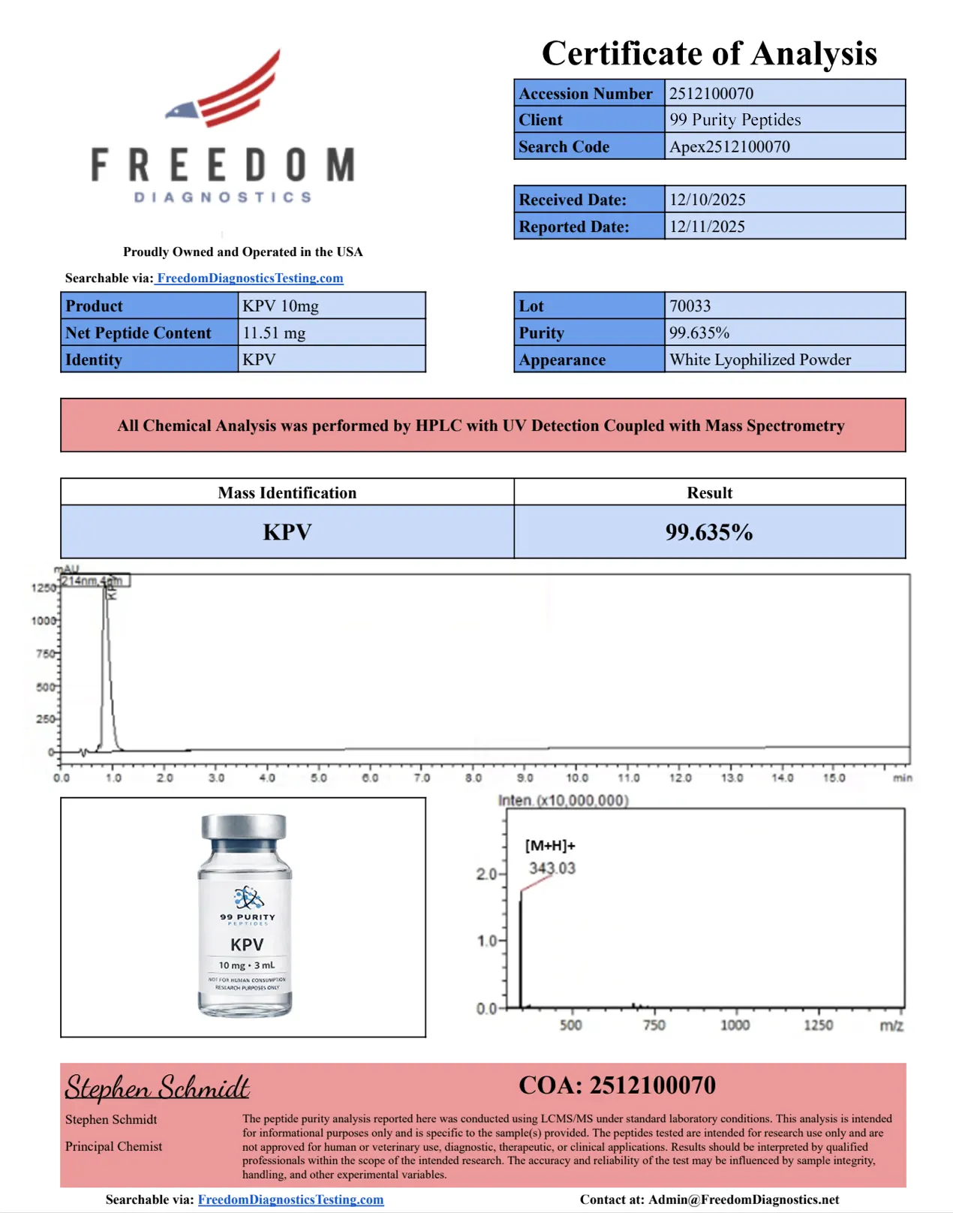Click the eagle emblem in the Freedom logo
click(x=182, y=111)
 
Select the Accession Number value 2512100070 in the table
click(x=711, y=93)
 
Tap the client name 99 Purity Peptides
click(x=735, y=119)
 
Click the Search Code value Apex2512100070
click(x=729, y=146)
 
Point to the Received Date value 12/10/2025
click(x=707, y=200)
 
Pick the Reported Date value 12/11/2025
click(x=707, y=227)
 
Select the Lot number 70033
click(x=690, y=306)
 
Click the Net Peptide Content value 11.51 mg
click(x=274, y=333)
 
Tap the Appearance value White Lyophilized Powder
click(x=759, y=360)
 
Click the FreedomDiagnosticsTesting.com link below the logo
click(x=250, y=278)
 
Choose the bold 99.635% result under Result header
click(x=709, y=532)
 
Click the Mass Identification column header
click(x=287, y=492)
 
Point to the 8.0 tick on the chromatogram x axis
click(x=473, y=778)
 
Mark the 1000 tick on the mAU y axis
click(x=43, y=621)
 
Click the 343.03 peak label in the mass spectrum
click(x=552, y=868)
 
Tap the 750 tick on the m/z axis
click(x=654, y=1025)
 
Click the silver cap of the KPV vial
click(x=244, y=827)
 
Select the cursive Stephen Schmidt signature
click(x=157, y=1087)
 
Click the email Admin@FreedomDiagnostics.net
click(x=744, y=1199)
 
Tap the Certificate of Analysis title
click(x=709, y=53)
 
